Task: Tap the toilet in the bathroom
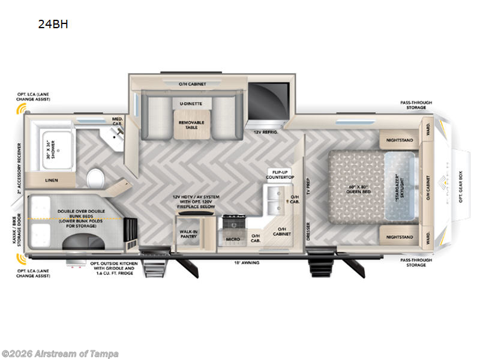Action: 95,178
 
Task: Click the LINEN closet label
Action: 51,180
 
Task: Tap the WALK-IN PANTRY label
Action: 189,234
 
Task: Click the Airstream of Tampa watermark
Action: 59,353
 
